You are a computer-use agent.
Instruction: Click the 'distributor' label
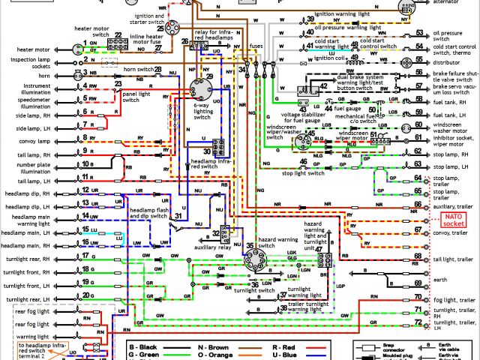451,62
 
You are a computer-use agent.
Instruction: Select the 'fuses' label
257,46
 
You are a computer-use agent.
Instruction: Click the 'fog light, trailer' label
454,299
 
